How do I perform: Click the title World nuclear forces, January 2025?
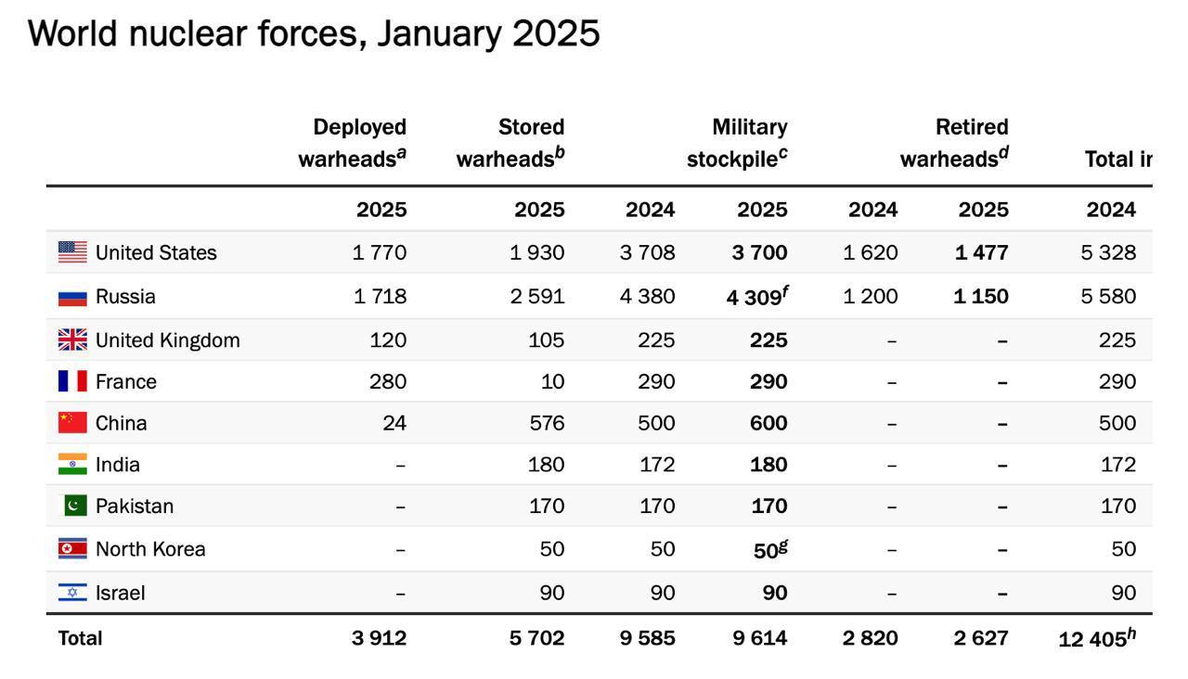[314, 34]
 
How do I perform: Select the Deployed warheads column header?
[353, 143]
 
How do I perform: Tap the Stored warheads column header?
[510, 143]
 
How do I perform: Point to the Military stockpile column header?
[738, 143]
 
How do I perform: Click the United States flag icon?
[72, 252]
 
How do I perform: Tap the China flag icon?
[72, 423]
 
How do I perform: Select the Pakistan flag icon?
[74, 506]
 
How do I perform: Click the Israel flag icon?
[72, 593]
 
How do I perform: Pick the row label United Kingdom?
[167, 340]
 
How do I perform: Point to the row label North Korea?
[150, 549]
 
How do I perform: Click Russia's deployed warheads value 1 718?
[380, 297]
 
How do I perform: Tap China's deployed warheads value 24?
[394, 423]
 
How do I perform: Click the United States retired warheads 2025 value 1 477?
[981, 252]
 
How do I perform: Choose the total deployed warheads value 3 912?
[379, 638]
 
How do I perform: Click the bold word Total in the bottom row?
[81, 638]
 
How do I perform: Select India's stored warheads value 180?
[546, 464]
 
